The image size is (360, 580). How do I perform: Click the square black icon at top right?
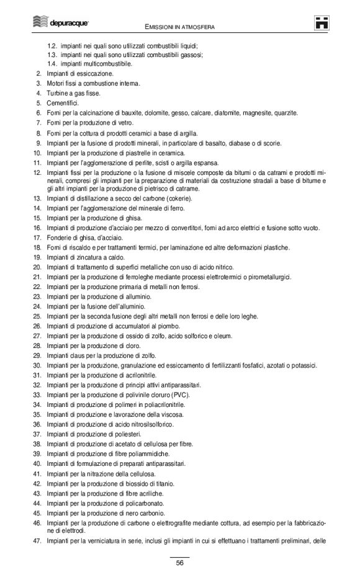point(321,24)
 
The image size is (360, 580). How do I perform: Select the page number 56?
point(179,563)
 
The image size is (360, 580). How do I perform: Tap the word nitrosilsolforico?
point(149,424)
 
